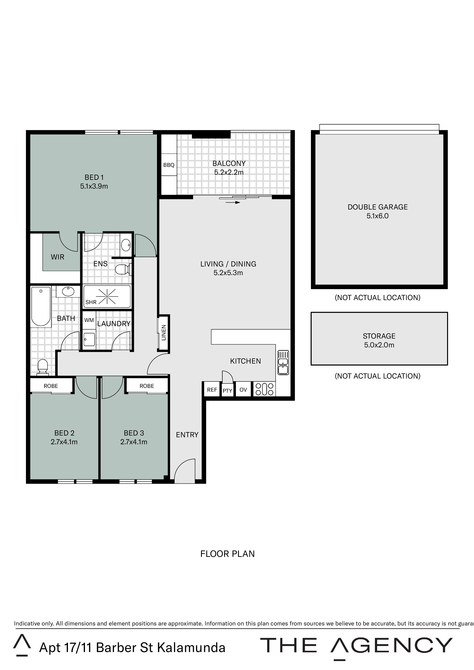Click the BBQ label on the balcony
(x=169, y=165)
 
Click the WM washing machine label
(x=89, y=320)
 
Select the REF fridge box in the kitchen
(x=212, y=390)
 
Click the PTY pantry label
(x=227, y=391)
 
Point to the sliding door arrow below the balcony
(x=233, y=202)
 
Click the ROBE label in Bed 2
(x=51, y=386)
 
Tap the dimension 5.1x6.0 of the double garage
(x=378, y=216)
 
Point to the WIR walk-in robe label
(x=58, y=257)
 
